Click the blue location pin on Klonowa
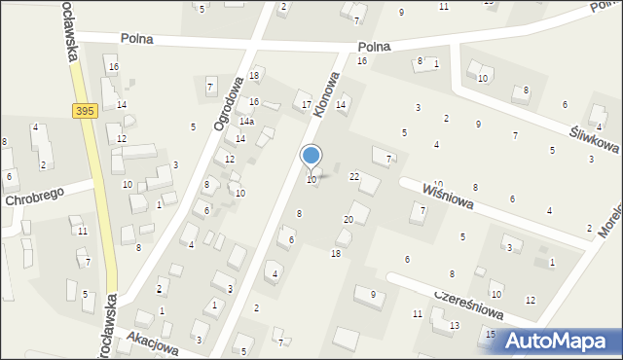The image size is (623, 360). click(x=311, y=156)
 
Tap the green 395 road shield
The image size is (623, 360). click(x=85, y=112)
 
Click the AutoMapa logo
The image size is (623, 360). click(x=562, y=340)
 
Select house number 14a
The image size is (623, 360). click(x=247, y=122)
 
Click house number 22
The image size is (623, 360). click(x=355, y=176)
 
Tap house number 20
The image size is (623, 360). click(x=348, y=220)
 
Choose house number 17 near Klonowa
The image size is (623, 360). click(x=307, y=104)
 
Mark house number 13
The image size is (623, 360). click(x=454, y=325)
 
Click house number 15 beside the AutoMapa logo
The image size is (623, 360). click(x=491, y=334)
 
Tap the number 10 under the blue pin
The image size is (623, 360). click(x=311, y=180)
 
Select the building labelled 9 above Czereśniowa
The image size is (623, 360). click(x=372, y=294)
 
